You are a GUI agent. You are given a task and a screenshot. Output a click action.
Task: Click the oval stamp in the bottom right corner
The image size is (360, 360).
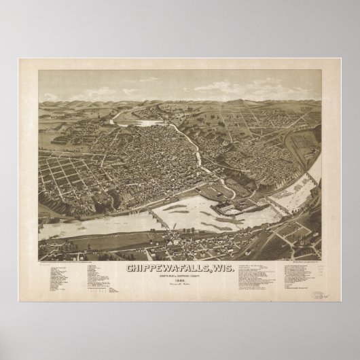tap(317, 276)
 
